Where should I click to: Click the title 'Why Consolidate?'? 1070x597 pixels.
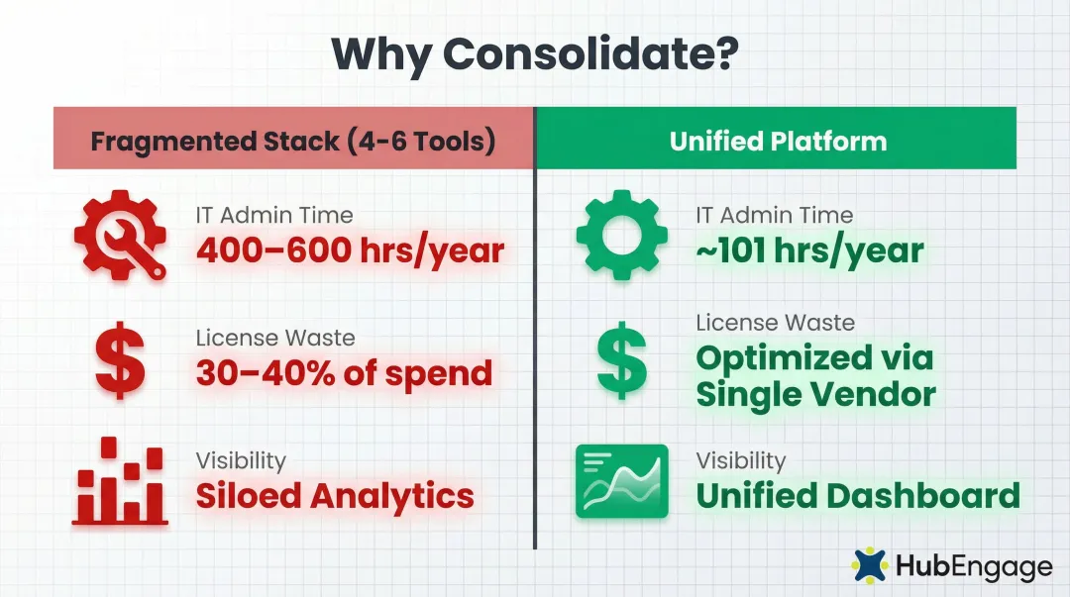pos(535,52)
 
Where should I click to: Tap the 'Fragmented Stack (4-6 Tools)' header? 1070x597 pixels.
pos(293,141)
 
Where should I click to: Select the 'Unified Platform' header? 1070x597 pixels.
pos(778,141)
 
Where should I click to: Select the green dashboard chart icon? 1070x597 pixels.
pos(621,482)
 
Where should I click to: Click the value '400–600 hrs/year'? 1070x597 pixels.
pos(350,250)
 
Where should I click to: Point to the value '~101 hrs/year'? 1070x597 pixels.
pos(809,250)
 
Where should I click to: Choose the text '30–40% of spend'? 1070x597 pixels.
pos(344,372)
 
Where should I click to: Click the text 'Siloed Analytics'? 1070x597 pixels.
pos(335,495)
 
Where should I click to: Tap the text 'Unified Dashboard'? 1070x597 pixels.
pos(858,495)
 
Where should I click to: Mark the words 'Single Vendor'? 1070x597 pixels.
pos(815,394)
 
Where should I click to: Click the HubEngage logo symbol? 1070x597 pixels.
pos(870,564)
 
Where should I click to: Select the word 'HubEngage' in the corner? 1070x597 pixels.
pos(973,566)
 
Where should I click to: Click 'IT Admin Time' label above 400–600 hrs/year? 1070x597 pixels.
pos(274,215)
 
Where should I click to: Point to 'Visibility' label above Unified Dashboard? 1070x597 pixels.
pos(740,460)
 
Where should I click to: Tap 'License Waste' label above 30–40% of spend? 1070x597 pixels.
pos(275,338)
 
